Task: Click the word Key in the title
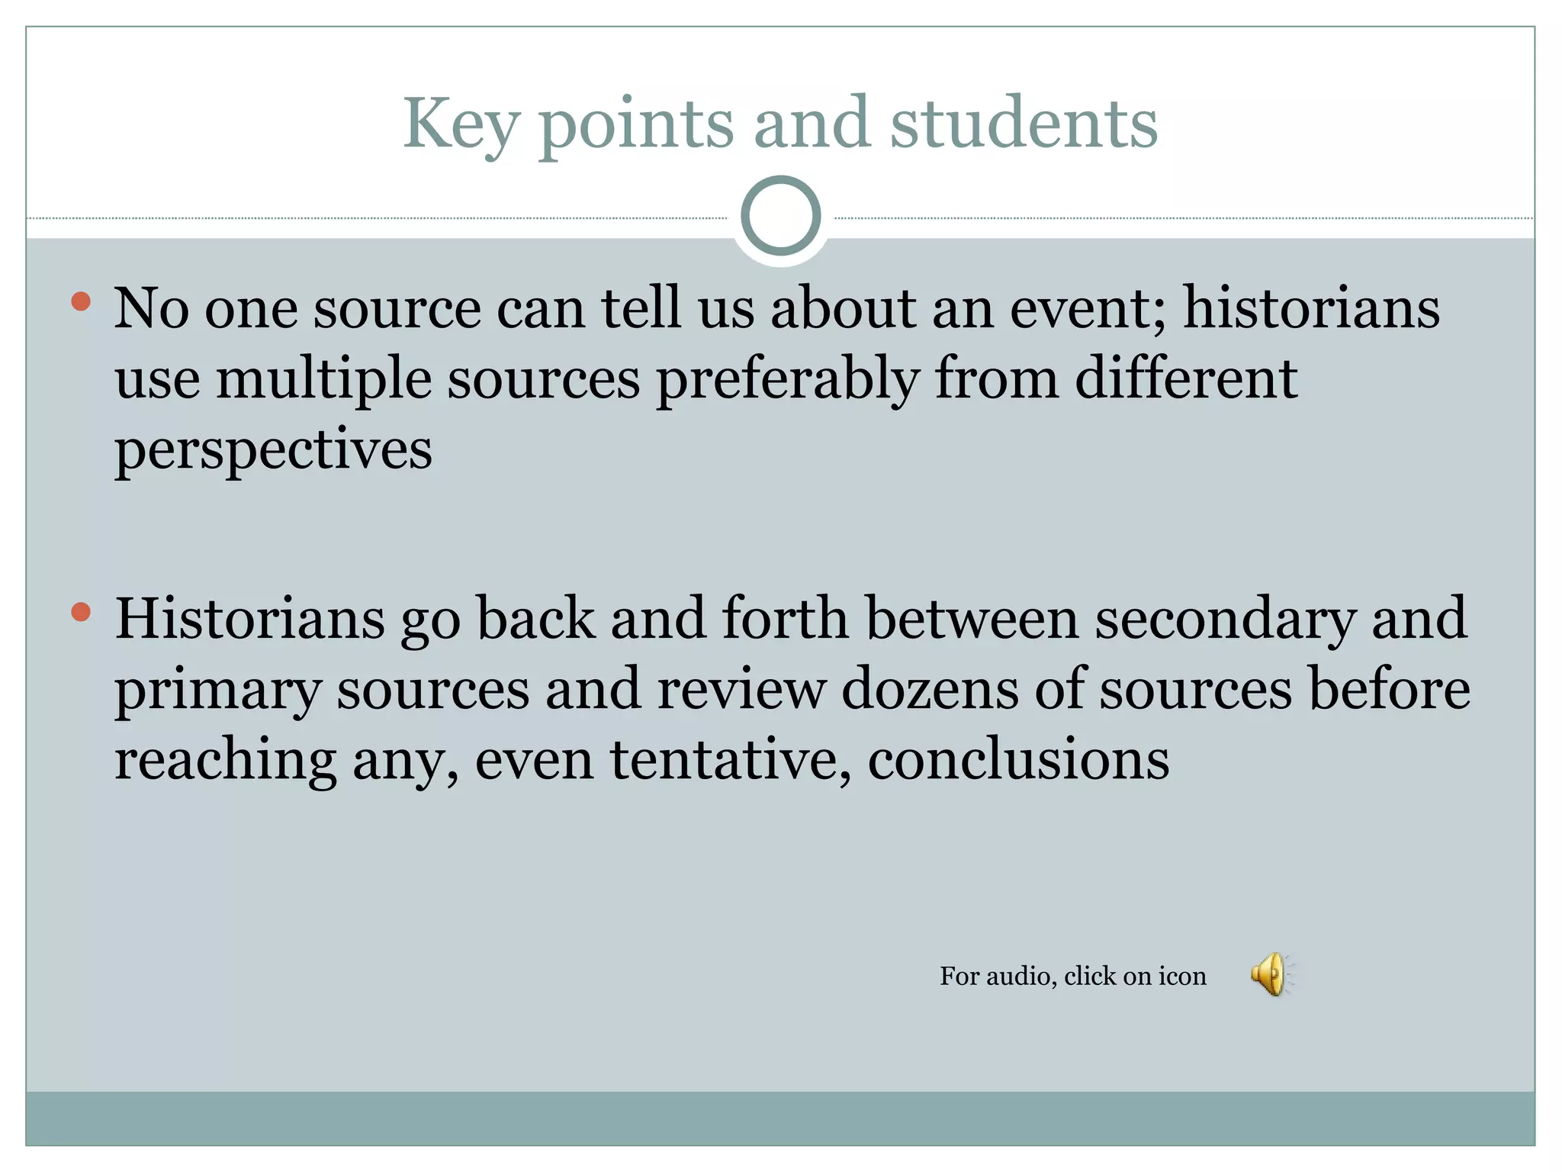click(461, 125)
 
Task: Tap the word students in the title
click(1024, 124)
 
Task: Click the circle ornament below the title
click(780, 215)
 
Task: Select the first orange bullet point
click(81, 302)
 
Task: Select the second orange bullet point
click(81, 612)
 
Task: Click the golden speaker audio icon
click(1270, 974)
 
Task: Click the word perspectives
click(273, 450)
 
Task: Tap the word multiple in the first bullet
click(324, 379)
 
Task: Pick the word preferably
click(787, 379)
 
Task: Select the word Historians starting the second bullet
click(250, 618)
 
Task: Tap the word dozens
click(930, 689)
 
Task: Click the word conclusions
click(1018, 760)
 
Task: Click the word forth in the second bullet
click(785, 618)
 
